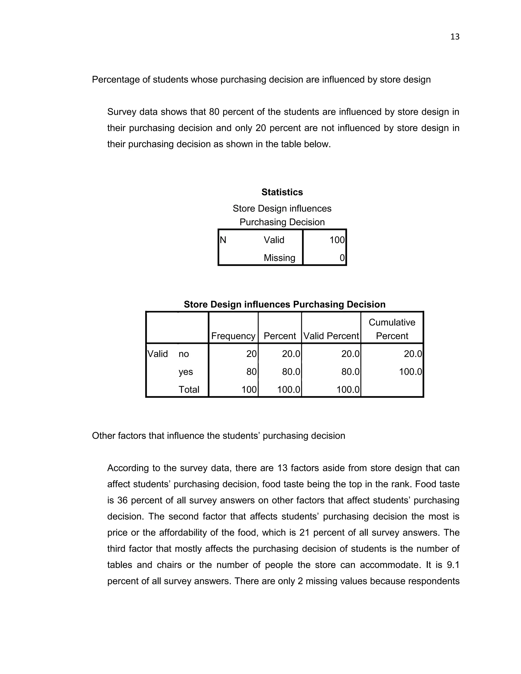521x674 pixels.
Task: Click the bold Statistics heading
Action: coord(282,192)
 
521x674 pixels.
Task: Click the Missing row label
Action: coord(279,258)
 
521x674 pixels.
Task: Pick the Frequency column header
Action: coord(233,336)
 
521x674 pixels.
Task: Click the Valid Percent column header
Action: coord(331,336)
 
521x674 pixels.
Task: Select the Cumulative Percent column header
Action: coord(392,329)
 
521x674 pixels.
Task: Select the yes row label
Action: coord(185,372)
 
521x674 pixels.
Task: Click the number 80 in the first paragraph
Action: coord(214,112)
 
